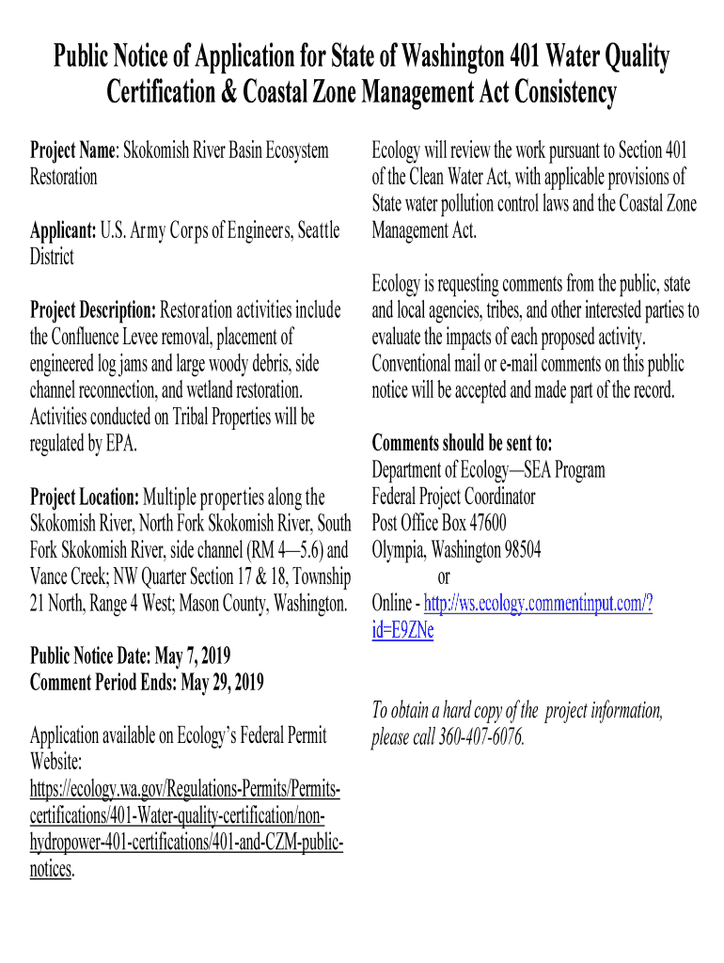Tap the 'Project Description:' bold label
point(93,310)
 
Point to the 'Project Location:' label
point(86,497)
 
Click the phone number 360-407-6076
point(480,737)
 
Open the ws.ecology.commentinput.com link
point(539,603)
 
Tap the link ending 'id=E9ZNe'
point(402,630)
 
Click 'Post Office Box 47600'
point(439,523)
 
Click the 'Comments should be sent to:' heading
point(462,443)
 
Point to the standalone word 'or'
point(445,576)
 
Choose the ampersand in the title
point(232,94)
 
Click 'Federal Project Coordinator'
point(453,497)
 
